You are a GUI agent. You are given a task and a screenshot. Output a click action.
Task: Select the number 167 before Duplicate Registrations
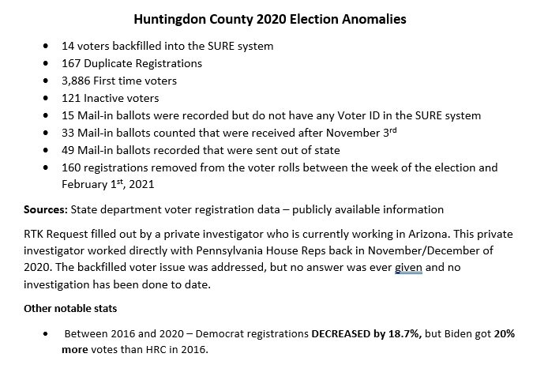[x=72, y=63]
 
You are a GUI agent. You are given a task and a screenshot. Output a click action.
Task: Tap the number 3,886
[x=77, y=81]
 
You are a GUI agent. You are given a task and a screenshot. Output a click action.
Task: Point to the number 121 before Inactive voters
[x=72, y=98]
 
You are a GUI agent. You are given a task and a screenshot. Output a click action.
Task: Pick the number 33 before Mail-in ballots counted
[x=69, y=133]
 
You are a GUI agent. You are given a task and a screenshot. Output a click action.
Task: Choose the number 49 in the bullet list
[x=69, y=151]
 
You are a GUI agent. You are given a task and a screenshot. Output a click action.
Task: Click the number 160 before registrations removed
[x=72, y=168]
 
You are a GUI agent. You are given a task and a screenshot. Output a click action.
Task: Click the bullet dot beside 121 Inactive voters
[x=51, y=99]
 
